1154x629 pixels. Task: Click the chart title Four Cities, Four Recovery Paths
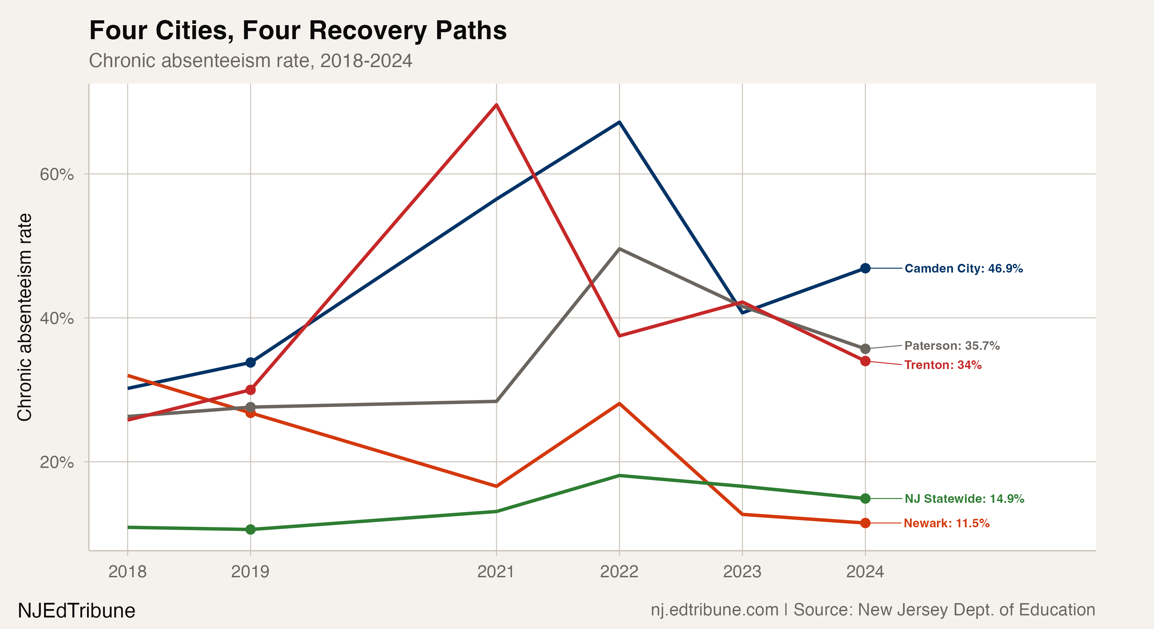click(x=298, y=30)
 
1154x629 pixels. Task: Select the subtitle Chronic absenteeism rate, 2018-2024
click(x=250, y=60)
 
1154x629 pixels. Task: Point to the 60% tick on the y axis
click(x=56, y=174)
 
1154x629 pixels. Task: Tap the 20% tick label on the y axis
click(x=56, y=462)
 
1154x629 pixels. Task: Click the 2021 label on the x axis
click(x=496, y=572)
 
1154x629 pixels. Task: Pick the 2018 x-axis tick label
click(x=127, y=572)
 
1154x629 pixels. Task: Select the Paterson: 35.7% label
click(x=952, y=346)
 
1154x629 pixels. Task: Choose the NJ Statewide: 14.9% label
click(x=964, y=499)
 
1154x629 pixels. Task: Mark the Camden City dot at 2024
click(x=865, y=268)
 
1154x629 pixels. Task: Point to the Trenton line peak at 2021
click(x=496, y=105)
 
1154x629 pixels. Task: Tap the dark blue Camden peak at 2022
click(x=619, y=122)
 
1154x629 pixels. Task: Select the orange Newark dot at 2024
click(x=865, y=523)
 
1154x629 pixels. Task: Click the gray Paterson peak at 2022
click(x=619, y=248)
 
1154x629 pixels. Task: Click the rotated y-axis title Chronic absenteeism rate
click(x=24, y=317)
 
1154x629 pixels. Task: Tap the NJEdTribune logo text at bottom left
click(x=76, y=610)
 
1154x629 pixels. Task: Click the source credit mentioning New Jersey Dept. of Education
click(x=872, y=610)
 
